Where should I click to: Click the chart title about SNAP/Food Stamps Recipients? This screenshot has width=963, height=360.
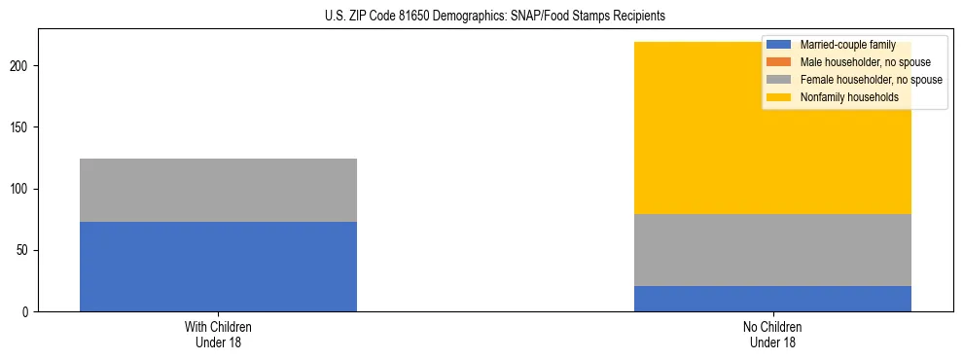tap(495, 17)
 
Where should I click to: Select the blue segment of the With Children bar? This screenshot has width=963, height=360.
tap(218, 267)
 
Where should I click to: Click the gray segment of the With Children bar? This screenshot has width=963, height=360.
tap(218, 190)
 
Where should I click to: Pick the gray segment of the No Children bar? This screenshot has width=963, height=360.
tap(772, 250)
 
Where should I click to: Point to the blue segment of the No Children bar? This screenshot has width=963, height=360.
tap(772, 299)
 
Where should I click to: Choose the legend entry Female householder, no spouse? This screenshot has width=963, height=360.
tap(870, 80)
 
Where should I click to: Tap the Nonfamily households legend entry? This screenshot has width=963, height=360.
tap(848, 97)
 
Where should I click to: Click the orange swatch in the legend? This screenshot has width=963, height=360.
tap(779, 62)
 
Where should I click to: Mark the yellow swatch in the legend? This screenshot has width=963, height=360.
tap(779, 97)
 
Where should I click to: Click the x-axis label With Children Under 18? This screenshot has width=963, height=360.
tap(218, 335)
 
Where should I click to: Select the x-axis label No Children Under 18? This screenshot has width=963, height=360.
tap(772, 335)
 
